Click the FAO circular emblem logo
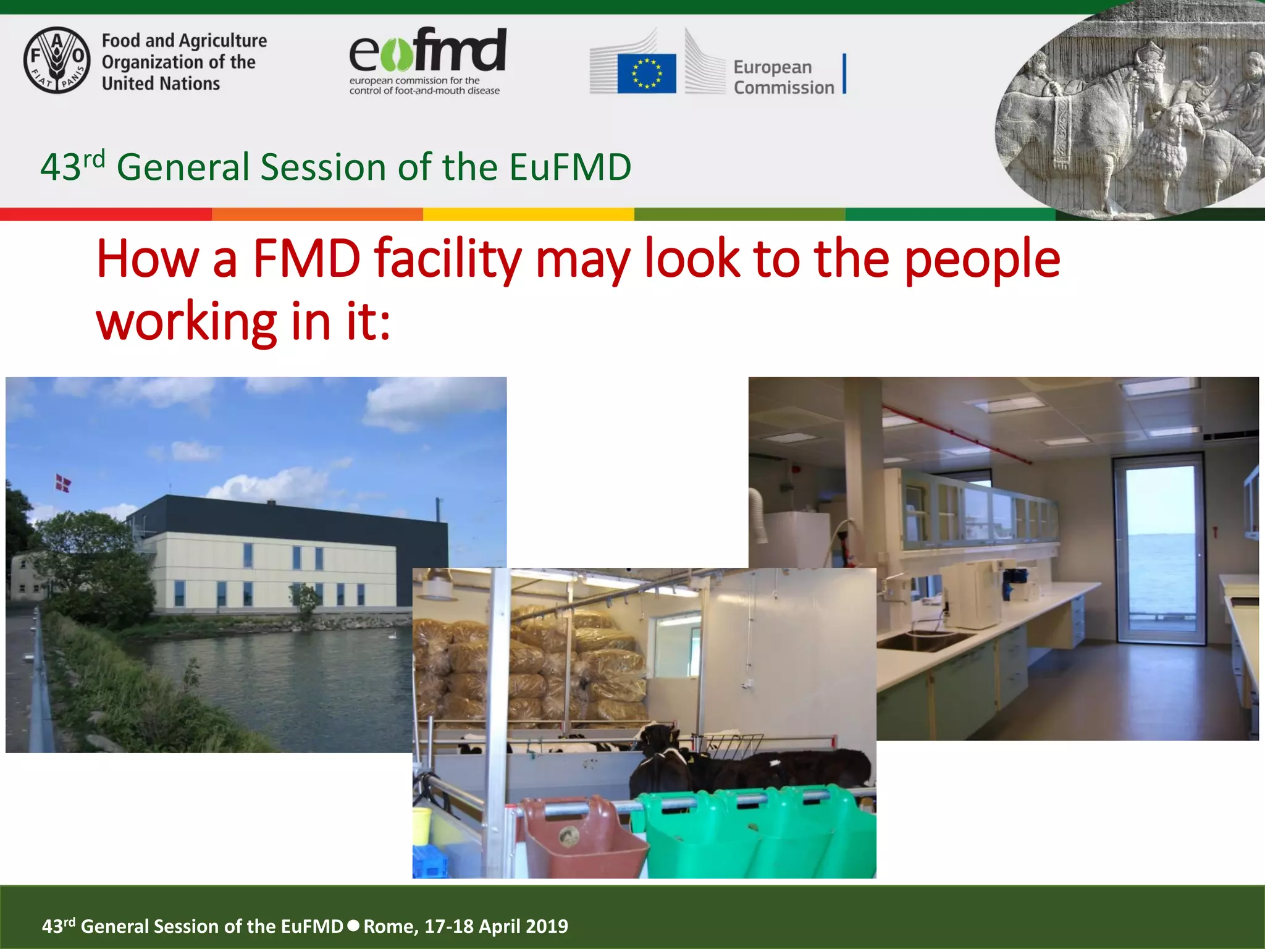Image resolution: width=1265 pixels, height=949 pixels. click(57, 61)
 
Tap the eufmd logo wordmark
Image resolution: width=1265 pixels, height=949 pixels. click(427, 51)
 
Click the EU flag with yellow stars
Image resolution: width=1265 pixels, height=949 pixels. click(646, 74)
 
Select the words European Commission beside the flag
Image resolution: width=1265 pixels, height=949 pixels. click(783, 77)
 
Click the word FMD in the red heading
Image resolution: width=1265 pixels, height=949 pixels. click(306, 259)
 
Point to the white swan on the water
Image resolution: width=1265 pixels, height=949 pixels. click(390, 633)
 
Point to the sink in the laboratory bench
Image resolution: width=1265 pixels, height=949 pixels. click(920, 641)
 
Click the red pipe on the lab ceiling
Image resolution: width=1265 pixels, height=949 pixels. click(957, 432)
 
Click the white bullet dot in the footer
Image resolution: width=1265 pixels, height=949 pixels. click(353, 926)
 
